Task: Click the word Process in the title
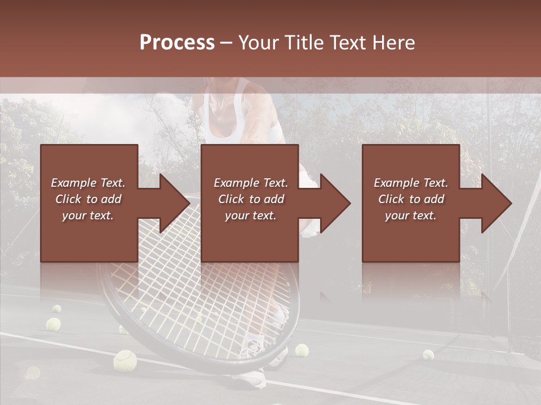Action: pos(177,42)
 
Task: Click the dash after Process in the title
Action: pos(227,43)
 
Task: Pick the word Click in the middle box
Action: pos(232,199)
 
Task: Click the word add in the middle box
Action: pos(272,199)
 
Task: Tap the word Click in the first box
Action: pos(69,199)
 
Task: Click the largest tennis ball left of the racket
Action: pos(125,360)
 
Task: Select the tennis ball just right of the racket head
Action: pos(302,350)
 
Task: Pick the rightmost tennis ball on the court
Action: pos(428,355)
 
